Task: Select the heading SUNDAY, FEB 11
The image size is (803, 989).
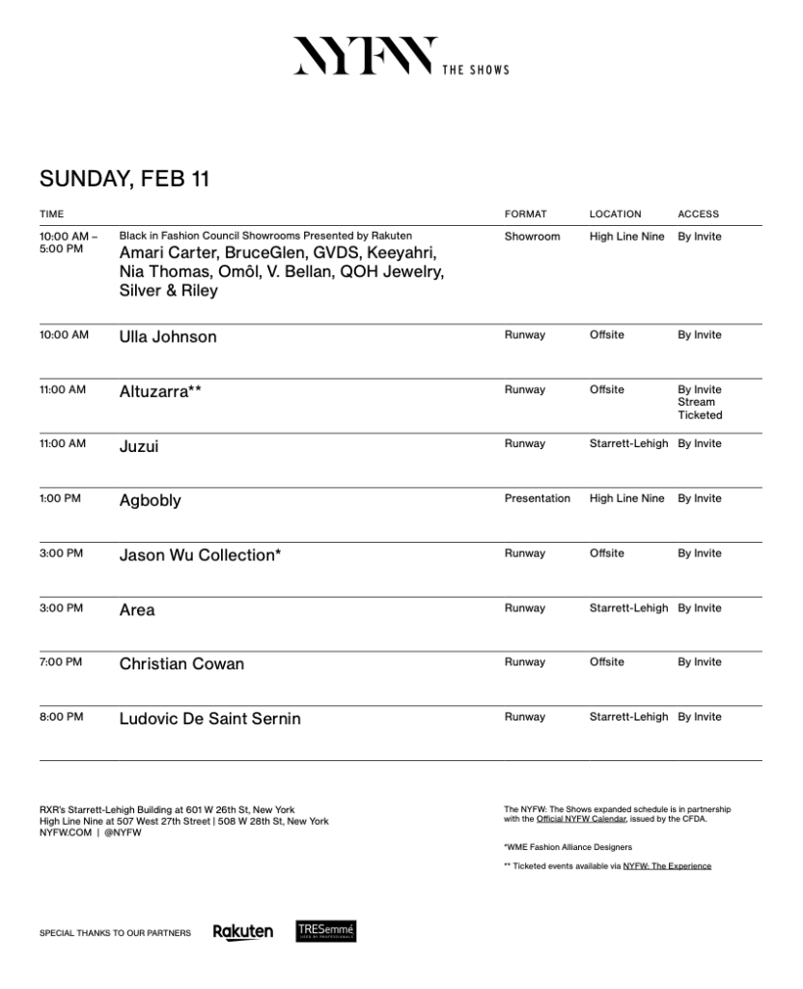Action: click(x=125, y=179)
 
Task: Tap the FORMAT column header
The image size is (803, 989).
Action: click(x=525, y=214)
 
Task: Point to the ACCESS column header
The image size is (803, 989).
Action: click(x=698, y=214)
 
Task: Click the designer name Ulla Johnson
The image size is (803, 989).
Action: click(x=168, y=337)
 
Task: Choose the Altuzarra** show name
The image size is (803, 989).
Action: click(x=160, y=392)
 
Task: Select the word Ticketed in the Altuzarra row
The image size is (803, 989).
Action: click(x=700, y=415)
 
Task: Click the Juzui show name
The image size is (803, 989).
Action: click(x=139, y=446)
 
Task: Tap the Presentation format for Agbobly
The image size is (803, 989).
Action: click(x=537, y=499)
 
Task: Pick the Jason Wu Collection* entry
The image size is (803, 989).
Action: click(x=200, y=555)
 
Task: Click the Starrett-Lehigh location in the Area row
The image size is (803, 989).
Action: click(x=628, y=608)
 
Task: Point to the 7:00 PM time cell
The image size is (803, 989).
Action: click(x=61, y=663)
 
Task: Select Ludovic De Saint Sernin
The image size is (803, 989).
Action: click(x=209, y=719)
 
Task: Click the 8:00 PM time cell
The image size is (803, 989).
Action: click(x=61, y=718)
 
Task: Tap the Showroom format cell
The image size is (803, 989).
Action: click(x=532, y=237)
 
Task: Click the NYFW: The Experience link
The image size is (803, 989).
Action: click(x=667, y=866)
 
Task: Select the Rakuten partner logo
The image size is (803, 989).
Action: click(x=242, y=932)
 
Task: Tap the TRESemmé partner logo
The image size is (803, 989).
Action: click(x=326, y=931)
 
